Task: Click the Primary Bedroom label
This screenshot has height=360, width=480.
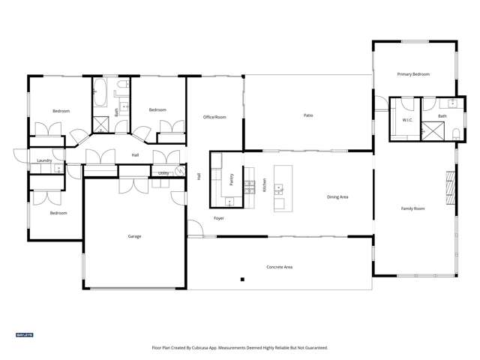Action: pos(413,74)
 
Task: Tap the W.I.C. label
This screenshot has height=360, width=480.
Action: pos(407,120)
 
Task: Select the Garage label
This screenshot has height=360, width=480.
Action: pos(134,236)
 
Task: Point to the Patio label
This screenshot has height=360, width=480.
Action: pos(308,115)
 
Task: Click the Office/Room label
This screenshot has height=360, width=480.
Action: pos(214,117)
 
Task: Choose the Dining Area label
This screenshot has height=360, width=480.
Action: pos(337,197)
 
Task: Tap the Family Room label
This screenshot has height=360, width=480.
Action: pos(412,208)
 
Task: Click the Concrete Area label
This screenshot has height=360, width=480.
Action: pos(279,267)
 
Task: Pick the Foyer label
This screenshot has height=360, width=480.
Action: pos(219,218)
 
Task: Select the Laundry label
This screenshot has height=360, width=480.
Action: pos(44,160)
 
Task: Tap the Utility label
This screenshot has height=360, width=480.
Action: pos(163,172)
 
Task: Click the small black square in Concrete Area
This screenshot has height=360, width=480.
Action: pos(242,280)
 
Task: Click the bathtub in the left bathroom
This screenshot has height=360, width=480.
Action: pos(100,97)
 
